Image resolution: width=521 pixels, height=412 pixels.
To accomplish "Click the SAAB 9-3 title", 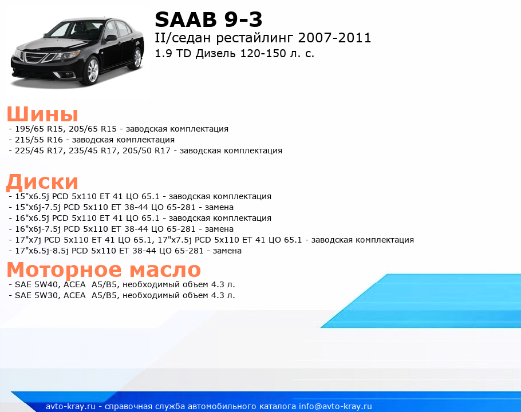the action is [x=208, y=19].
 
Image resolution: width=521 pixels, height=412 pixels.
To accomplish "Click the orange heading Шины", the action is [x=42, y=114].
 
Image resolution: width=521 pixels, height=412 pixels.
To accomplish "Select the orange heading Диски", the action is [x=42, y=182].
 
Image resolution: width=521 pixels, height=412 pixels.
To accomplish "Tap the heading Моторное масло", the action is [x=104, y=270].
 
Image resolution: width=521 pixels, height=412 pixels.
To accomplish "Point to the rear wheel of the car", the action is [x=137, y=58].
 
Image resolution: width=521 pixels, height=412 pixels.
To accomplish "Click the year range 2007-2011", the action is [x=334, y=38].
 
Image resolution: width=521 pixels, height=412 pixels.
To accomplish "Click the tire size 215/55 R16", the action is [x=39, y=140].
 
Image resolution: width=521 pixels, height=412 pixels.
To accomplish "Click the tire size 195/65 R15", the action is [x=39, y=129].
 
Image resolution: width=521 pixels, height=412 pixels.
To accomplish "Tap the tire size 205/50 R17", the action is [x=147, y=150].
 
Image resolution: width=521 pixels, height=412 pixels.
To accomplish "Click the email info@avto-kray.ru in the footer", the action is [x=336, y=406].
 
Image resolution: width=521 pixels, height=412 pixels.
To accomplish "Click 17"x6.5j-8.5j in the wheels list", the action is [x=42, y=251].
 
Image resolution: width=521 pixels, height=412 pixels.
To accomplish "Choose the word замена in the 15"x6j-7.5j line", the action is [x=219, y=207].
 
